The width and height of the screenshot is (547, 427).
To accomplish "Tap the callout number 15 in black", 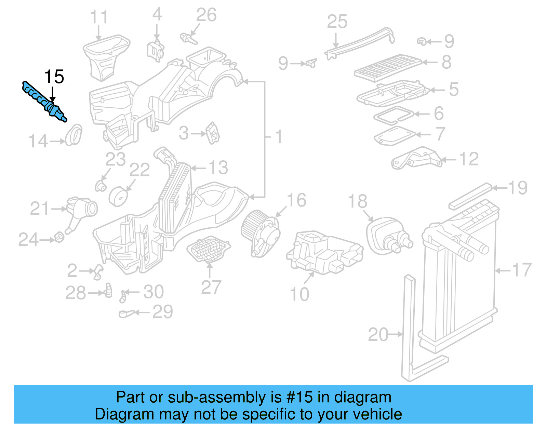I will pyautogui.click(x=54, y=77).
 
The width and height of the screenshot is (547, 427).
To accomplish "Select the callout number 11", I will pyautogui.click(x=99, y=17).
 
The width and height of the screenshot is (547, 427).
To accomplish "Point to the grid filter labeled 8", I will pyautogui.click(x=388, y=67).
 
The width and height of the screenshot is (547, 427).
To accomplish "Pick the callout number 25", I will pyautogui.click(x=337, y=22).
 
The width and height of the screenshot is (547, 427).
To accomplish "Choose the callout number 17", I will pyautogui.click(x=522, y=270).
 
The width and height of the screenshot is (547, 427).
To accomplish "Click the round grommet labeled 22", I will pyautogui.click(x=118, y=197).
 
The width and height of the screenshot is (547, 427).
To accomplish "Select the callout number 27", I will pyautogui.click(x=211, y=287).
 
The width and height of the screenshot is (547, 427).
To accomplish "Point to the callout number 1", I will pyautogui.click(x=279, y=137).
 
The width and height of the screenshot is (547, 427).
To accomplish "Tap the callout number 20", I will pyautogui.click(x=378, y=334).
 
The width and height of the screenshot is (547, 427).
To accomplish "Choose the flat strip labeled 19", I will pyautogui.click(x=470, y=197).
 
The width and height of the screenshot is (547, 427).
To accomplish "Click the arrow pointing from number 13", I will pyautogui.click(x=198, y=168).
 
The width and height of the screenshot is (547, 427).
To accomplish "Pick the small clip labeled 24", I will pyautogui.click(x=59, y=237).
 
